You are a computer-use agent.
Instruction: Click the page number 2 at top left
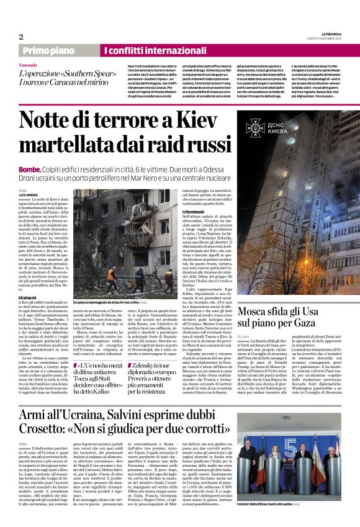pos(20,37)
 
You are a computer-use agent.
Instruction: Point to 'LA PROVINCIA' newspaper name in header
pos(331,34)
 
